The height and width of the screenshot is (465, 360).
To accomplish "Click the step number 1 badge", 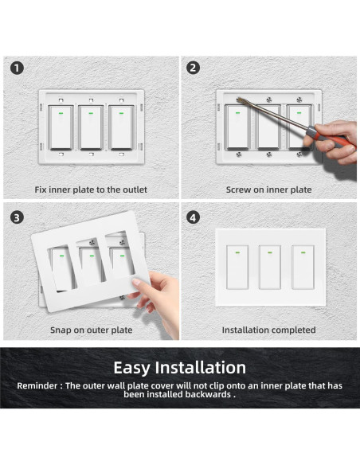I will click(x=16, y=68).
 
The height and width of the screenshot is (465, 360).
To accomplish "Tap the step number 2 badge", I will click(x=193, y=68).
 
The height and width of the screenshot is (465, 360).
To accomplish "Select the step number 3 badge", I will click(x=16, y=217).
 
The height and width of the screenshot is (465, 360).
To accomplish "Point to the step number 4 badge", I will click(x=193, y=217).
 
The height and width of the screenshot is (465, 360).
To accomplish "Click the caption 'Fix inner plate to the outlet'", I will click(x=91, y=190).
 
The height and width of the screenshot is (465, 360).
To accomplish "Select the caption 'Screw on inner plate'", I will click(x=268, y=190).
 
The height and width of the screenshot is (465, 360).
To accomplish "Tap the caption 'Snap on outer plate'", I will click(x=91, y=330).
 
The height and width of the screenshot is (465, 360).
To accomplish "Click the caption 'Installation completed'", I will click(x=268, y=330).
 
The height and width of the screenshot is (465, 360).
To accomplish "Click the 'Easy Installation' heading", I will click(x=179, y=367).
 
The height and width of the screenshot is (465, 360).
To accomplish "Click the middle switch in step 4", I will click(x=268, y=268).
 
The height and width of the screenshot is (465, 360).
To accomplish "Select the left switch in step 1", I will click(x=60, y=127).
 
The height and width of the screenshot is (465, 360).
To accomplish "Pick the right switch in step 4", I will click(x=302, y=268).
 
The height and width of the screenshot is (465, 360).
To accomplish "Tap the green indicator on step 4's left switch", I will click(x=236, y=253).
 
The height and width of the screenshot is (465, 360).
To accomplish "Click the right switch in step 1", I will click(x=121, y=127).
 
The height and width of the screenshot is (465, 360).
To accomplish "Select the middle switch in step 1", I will click(x=91, y=127).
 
